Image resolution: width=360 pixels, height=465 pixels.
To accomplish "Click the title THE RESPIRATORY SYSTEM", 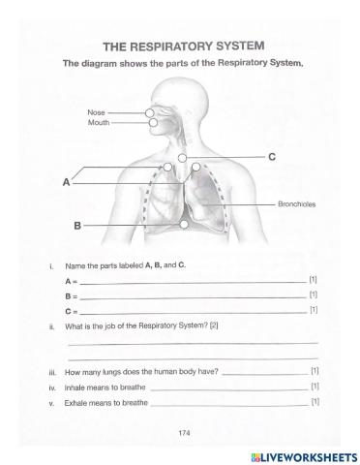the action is click(182, 46).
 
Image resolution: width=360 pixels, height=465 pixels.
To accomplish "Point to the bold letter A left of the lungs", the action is click(66, 181).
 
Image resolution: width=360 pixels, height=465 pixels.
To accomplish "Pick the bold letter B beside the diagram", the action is click(76, 226).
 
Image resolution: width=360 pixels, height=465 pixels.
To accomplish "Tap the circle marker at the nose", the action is click(151, 113).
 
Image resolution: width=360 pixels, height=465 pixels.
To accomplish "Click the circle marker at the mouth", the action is click(152, 123).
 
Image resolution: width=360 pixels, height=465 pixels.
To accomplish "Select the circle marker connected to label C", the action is click(183, 157).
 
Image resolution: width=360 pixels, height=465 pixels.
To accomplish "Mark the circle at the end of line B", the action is click(184, 225).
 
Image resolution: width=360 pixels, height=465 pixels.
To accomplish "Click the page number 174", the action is click(183, 432).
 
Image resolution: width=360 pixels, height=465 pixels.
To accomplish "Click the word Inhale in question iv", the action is click(75, 387).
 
